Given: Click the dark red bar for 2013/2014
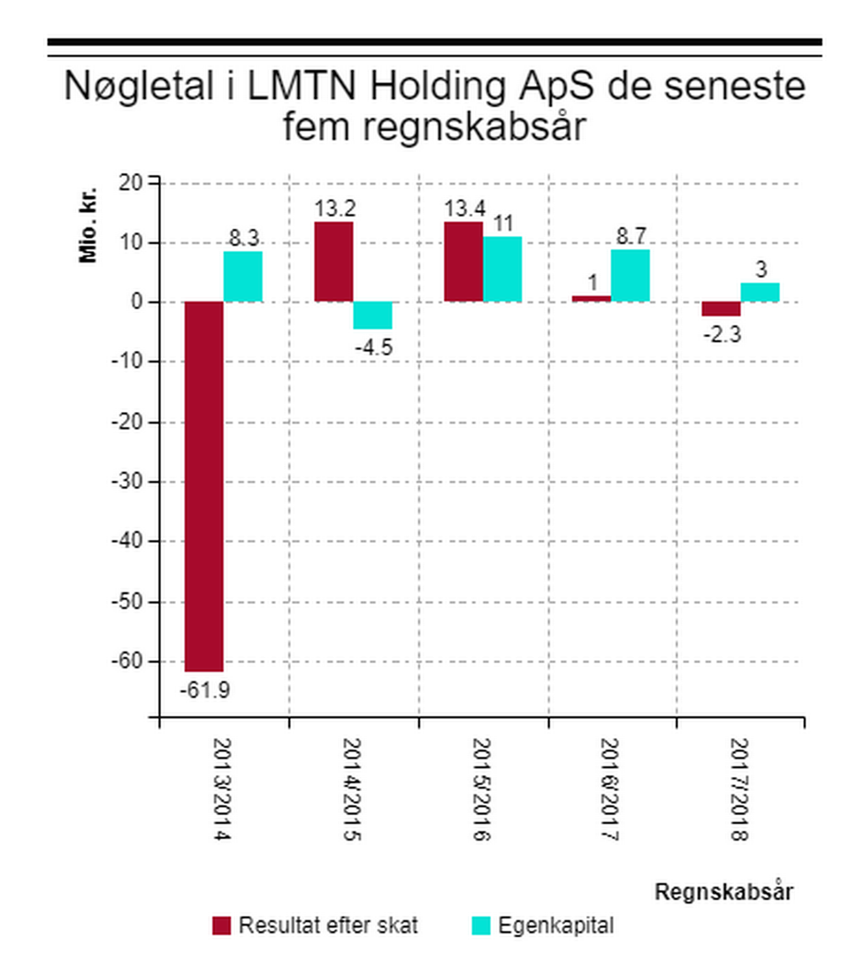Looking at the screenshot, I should [203, 486].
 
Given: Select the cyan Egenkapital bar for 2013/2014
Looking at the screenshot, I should [242, 277].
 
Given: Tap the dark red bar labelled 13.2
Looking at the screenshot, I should [333, 262].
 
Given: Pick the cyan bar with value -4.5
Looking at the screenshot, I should [372, 316].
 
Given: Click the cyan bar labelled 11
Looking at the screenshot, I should [501, 269].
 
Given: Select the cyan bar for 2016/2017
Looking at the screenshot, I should [630, 276].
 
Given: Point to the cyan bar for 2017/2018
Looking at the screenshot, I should [760, 293].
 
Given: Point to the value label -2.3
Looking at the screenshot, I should [722, 334].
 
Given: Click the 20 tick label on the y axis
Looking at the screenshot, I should [131, 183].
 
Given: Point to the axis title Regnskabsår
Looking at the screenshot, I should [723, 892].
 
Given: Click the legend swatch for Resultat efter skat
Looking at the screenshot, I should [222, 926].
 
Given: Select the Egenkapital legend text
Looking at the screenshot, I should [555, 926].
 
